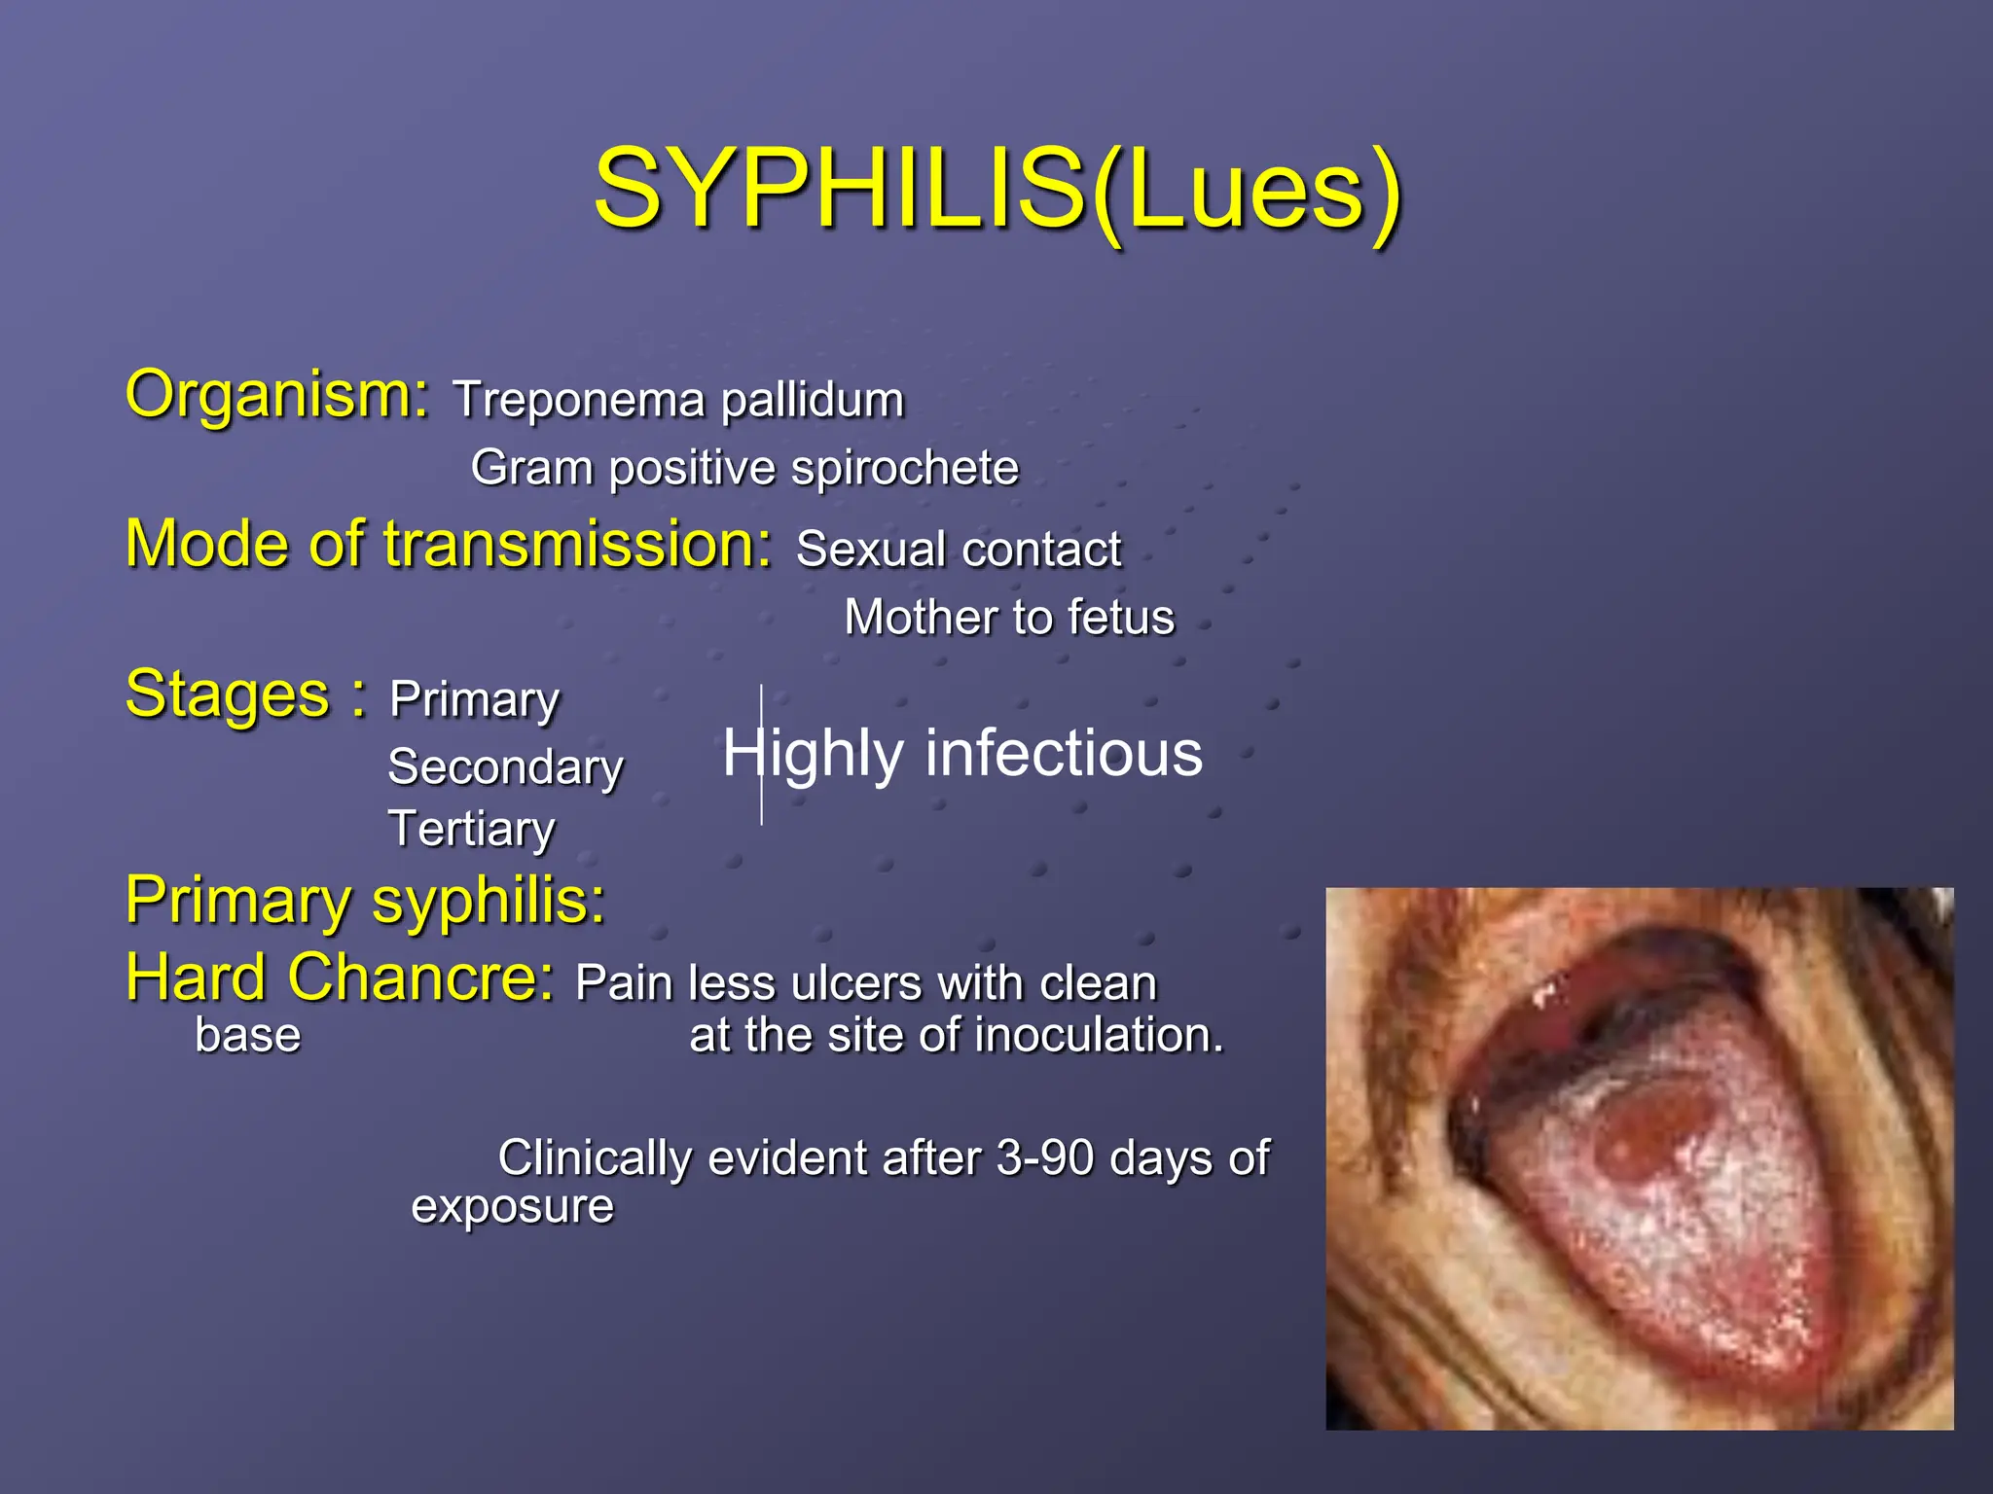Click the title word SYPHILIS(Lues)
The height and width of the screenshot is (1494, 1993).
point(997,189)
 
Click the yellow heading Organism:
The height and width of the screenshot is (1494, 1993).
point(277,395)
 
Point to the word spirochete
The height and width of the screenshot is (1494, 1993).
point(904,469)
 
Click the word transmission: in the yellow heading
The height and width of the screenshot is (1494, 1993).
point(578,544)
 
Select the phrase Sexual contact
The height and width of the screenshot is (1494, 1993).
point(959,550)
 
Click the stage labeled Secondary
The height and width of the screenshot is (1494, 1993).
point(505,767)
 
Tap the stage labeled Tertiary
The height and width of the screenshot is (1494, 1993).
point(472,830)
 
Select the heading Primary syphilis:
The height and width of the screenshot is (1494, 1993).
point(365,901)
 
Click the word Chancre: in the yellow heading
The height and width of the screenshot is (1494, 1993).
point(420,978)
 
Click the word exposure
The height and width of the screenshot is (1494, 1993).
point(512,1208)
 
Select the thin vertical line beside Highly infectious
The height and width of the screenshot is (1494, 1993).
point(761,755)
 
